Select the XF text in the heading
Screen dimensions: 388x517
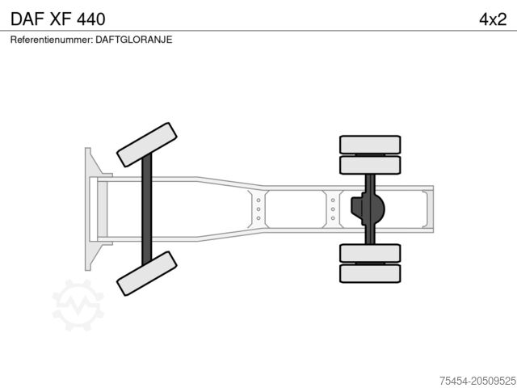click(x=65, y=18)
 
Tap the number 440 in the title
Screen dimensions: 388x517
click(x=102, y=18)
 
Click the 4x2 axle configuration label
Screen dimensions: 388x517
click(x=491, y=18)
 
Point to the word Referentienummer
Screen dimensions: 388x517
click(x=51, y=39)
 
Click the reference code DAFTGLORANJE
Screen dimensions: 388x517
click(x=133, y=39)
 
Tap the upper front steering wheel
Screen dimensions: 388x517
click(x=146, y=144)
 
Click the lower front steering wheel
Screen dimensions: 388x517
click(x=146, y=272)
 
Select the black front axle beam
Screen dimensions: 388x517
click(x=147, y=209)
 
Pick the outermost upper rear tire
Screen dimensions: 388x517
click(x=370, y=145)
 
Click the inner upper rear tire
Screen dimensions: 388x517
click(x=370, y=166)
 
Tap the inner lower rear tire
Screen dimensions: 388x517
click(x=370, y=252)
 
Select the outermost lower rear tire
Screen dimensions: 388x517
click(x=370, y=273)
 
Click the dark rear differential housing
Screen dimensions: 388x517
click(x=368, y=209)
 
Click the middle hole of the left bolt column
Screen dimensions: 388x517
click(x=258, y=209)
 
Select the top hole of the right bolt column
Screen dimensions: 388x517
click(x=333, y=198)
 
